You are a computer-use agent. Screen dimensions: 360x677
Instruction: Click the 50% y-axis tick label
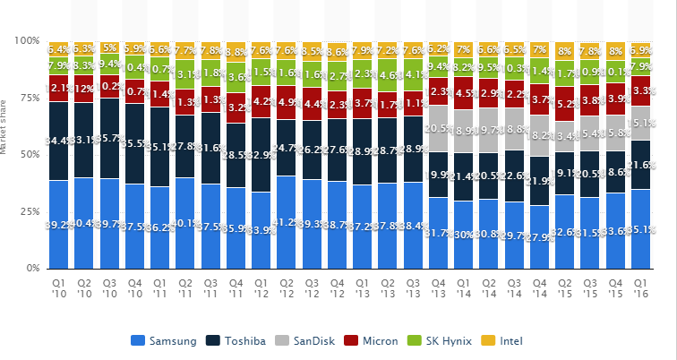pos(30,155)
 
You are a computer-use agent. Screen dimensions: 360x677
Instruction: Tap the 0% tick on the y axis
pos(32,269)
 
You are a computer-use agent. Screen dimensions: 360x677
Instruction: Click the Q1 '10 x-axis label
pos(58,287)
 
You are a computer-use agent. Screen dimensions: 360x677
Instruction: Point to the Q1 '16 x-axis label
pos(641,287)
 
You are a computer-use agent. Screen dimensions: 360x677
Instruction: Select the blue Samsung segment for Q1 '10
pos(58,224)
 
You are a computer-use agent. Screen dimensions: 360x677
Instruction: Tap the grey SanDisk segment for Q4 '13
pos(439,129)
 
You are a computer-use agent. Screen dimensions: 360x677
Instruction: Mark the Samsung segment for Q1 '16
pos(641,228)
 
